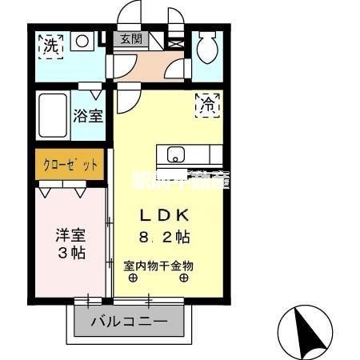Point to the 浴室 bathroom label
click(x=89, y=116)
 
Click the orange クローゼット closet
click(x=70, y=165)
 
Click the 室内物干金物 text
click(x=158, y=266)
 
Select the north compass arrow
click(x=305, y=328)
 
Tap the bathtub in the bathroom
click(x=54, y=117)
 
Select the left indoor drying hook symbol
click(x=133, y=278)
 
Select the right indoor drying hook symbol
click(x=184, y=278)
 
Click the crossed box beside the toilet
click(x=177, y=41)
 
